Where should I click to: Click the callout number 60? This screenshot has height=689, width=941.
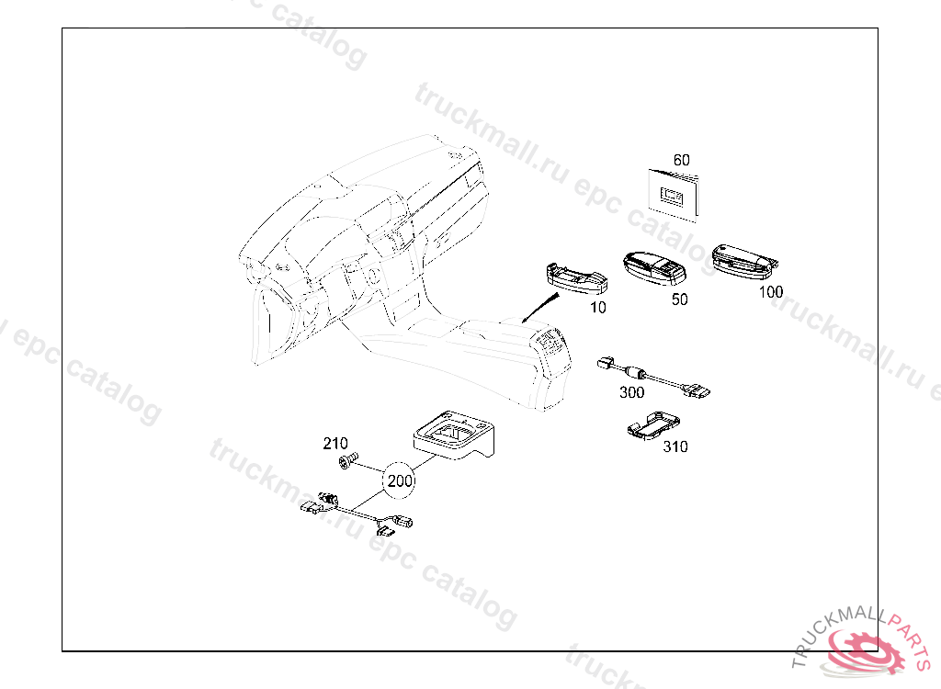tap(681, 160)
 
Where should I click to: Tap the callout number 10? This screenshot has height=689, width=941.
tap(597, 307)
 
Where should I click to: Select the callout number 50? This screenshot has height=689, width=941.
tap(679, 299)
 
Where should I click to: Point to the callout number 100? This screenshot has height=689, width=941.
tap(771, 292)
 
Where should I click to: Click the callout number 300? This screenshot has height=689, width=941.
tap(631, 392)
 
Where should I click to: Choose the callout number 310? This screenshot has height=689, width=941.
tap(675, 446)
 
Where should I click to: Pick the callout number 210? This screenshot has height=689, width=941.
tap(334, 444)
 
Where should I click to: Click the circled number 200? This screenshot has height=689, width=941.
tap(400, 480)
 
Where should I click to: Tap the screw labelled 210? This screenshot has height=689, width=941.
tap(346, 461)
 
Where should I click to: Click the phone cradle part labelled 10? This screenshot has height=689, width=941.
tap(576, 278)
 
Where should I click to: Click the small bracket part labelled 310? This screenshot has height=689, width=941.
tap(653, 426)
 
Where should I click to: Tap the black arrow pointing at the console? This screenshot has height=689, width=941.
tap(540, 308)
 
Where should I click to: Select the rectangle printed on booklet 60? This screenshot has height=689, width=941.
tap(673, 195)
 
